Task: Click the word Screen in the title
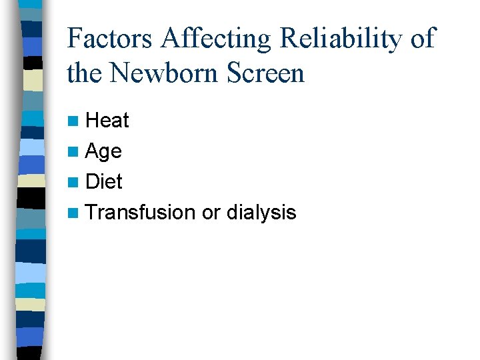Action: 266,73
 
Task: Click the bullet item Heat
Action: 107,121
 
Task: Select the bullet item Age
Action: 104,151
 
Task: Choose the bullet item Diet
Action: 105,181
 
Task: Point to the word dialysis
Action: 261,212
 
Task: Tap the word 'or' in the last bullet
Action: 211,213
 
